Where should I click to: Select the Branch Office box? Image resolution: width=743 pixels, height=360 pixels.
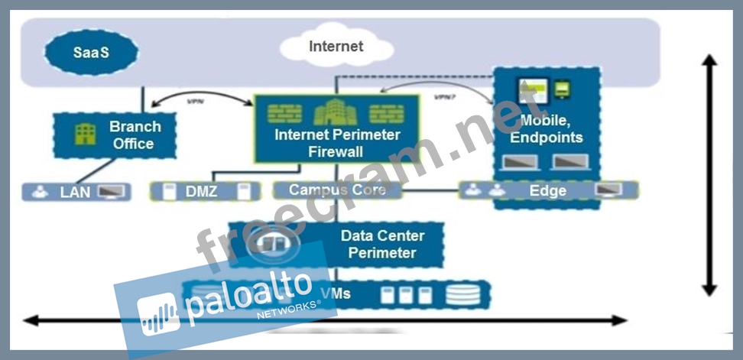(115, 135)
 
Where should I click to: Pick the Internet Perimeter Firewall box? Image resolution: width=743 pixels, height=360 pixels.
(336, 128)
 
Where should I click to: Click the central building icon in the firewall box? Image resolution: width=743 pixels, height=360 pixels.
(336, 113)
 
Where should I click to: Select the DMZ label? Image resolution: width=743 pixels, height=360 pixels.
(201, 191)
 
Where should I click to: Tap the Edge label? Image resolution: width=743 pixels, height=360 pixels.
(547, 190)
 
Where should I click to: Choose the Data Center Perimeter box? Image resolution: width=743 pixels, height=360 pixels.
(336, 245)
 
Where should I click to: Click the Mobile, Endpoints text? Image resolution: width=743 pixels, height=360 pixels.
(546, 130)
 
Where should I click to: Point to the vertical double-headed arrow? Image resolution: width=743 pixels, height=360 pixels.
(709, 176)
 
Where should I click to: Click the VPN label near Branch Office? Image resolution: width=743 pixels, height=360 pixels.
(196, 100)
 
